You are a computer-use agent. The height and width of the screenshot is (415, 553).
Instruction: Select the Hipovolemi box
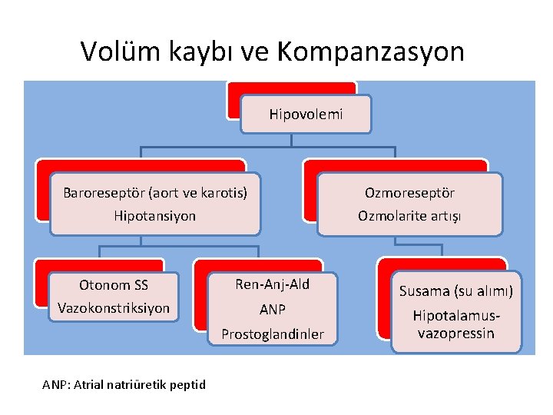[x=306, y=115]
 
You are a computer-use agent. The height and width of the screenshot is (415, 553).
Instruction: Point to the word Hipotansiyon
[x=154, y=216]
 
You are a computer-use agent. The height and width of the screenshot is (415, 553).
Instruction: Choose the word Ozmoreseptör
[x=409, y=192]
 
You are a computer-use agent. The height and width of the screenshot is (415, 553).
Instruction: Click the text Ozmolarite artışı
[x=409, y=216]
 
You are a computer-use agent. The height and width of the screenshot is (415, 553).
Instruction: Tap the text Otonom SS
[x=114, y=286]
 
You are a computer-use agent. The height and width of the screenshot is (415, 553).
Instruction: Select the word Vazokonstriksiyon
[x=114, y=308]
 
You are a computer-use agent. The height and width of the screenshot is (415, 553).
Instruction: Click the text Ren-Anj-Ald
[x=273, y=284]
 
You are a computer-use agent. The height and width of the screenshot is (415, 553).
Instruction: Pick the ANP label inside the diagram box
[x=273, y=310]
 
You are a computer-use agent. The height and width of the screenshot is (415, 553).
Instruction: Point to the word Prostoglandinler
[x=273, y=334]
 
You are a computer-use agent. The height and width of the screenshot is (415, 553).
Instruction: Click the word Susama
[x=425, y=291]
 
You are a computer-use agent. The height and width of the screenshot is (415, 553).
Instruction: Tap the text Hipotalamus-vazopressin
[x=455, y=324]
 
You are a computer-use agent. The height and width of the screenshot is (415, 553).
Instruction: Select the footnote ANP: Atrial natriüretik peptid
[x=124, y=383]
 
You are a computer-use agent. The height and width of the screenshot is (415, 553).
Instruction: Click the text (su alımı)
[x=483, y=291]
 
